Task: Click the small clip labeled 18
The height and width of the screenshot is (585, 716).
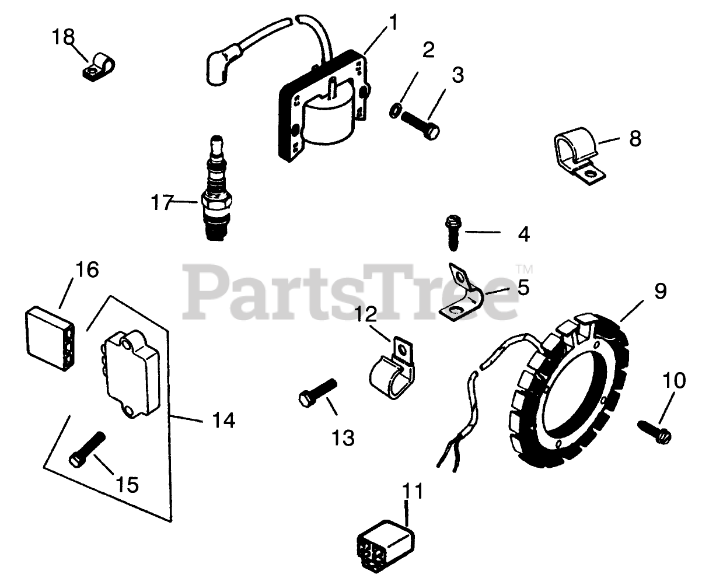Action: (x=97, y=66)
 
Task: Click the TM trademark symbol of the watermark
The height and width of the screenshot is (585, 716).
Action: (x=524, y=269)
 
